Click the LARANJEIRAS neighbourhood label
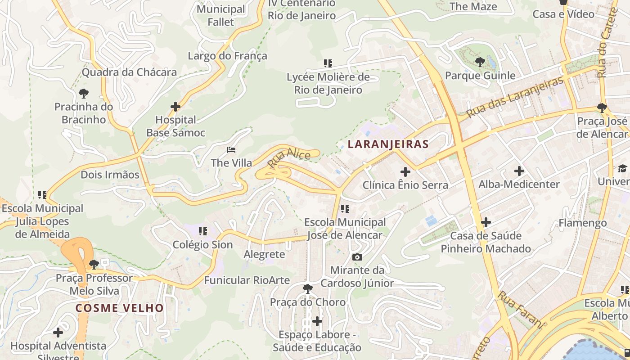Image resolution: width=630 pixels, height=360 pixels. click(x=388, y=144)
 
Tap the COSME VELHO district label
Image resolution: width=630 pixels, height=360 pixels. click(x=119, y=308)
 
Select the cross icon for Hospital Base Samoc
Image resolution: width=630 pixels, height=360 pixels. click(x=175, y=107)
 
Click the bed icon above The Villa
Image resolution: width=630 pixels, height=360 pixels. click(x=231, y=149)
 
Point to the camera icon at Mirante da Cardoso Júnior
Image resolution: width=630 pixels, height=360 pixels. click(x=357, y=257)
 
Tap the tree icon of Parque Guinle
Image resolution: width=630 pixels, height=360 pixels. click(x=480, y=62)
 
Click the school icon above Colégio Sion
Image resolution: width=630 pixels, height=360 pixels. click(x=203, y=231)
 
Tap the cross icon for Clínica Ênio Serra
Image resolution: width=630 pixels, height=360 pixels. click(x=405, y=171)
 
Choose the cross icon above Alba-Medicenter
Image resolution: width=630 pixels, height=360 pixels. click(x=519, y=171)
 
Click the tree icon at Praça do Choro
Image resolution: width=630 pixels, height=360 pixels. click(x=308, y=288)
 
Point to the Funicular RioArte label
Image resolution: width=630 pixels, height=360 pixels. click(x=247, y=280)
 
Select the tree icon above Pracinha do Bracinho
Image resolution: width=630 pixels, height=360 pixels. click(x=83, y=94)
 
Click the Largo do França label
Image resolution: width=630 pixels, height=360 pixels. click(x=227, y=56)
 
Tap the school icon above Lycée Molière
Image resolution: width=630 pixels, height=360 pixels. click(x=328, y=63)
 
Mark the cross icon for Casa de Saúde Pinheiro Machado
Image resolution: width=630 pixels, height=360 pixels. click(x=486, y=222)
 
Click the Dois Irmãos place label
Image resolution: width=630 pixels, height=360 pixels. click(x=110, y=175)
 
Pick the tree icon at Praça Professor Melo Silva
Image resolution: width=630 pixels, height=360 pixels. click(x=94, y=264)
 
